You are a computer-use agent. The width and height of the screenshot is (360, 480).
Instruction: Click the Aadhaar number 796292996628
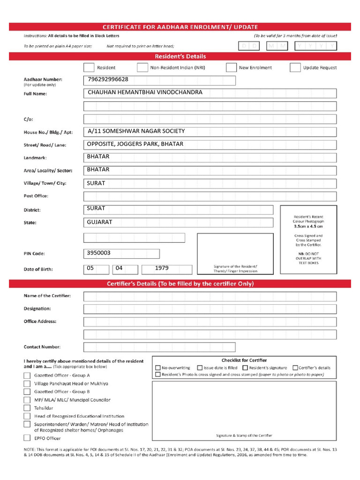(108, 80)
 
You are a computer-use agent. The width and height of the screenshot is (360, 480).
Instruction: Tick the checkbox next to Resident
(89, 67)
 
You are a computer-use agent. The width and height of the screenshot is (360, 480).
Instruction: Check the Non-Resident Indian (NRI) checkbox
(142, 67)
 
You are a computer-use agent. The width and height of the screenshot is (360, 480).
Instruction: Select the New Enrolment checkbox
(231, 67)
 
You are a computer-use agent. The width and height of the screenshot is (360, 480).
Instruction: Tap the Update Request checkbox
(295, 67)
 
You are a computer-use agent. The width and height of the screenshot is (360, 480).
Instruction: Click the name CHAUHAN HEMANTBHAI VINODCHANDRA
(145, 92)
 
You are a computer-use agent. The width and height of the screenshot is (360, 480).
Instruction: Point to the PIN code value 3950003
(99, 253)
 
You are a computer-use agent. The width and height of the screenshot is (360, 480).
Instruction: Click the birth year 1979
(162, 269)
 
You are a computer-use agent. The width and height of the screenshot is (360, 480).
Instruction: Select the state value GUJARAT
(100, 222)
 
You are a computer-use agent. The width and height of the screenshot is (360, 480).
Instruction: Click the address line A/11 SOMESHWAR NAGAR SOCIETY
(136, 131)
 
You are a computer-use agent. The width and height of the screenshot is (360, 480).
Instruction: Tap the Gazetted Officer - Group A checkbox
(27, 375)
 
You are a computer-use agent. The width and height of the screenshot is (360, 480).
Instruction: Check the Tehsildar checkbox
(27, 408)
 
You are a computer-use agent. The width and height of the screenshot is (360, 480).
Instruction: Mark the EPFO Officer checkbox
(27, 438)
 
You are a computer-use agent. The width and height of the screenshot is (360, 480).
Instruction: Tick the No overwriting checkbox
(158, 368)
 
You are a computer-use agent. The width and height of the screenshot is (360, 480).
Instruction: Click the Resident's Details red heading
(180, 56)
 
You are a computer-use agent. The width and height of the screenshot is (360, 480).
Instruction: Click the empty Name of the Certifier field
(210, 296)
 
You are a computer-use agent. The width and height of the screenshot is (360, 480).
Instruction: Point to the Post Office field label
(36, 196)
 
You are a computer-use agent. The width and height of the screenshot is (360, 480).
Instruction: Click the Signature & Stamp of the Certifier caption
(244, 435)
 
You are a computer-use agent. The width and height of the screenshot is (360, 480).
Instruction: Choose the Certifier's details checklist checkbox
(295, 368)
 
